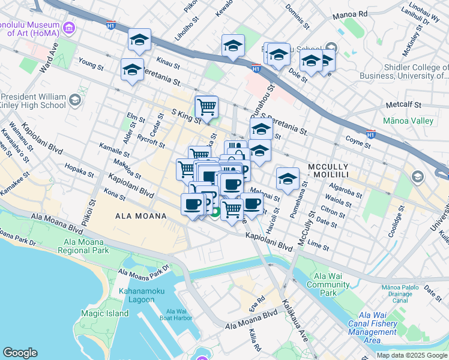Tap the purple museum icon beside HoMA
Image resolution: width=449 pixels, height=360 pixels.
[70, 28]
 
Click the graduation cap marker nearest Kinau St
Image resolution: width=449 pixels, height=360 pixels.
[139, 41]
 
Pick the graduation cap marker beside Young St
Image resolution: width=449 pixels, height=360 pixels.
[132, 70]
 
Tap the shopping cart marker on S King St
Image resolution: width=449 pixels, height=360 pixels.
[206, 108]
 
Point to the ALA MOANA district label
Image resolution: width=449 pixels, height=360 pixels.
[140, 215]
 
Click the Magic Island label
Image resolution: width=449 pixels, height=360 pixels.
[105, 313]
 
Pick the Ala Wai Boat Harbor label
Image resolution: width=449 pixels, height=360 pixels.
[178, 314]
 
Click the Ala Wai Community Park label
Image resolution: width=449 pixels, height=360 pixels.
[328, 284]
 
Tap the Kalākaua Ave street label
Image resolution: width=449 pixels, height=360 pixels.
[295, 321]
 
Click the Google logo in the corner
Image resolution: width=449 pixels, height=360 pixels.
[20, 353]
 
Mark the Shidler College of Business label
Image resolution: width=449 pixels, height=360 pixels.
[403, 71]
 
